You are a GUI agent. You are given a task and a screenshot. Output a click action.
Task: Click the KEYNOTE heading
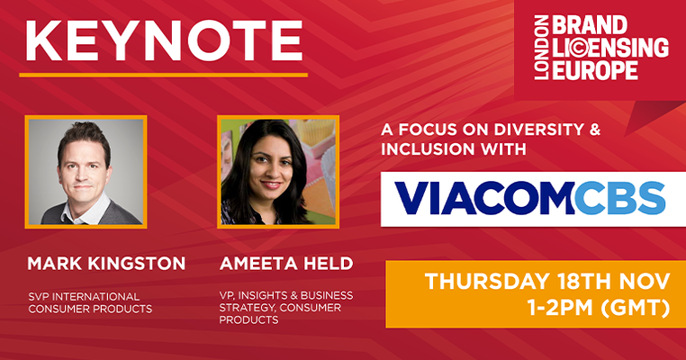162,40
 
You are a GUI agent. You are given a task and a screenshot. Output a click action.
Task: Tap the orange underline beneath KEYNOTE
163,75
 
